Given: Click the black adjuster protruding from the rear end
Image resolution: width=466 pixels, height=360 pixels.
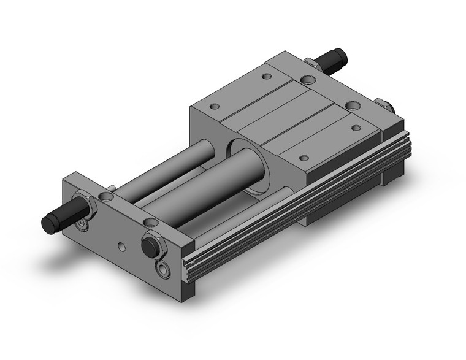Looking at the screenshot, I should (338, 59).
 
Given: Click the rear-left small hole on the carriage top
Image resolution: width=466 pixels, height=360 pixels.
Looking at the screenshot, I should (265, 77).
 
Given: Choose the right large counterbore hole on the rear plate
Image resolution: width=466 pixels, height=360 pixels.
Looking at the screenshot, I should (352, 105).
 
